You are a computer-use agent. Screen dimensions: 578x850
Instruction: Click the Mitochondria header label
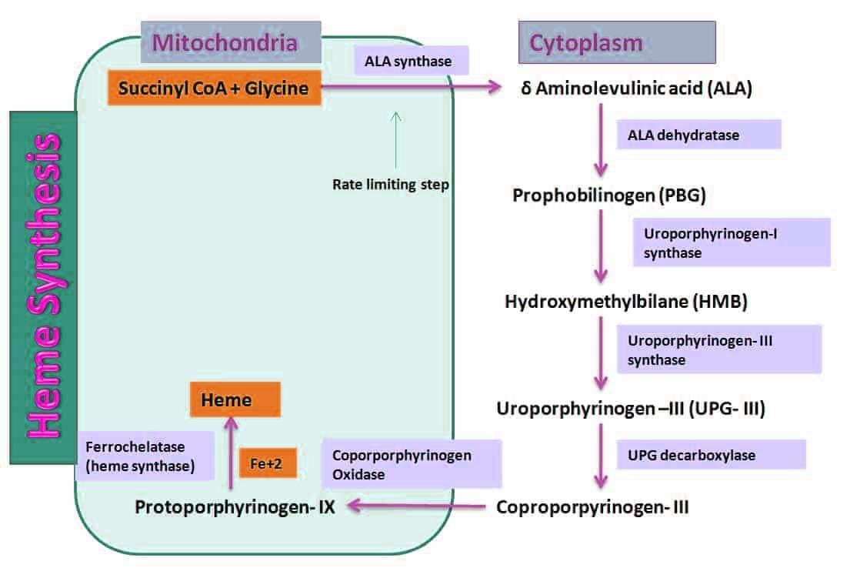pyautogui.click(x=225, y=42)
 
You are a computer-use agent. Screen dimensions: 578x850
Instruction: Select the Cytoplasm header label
pyautogui.click(x=617, y=42)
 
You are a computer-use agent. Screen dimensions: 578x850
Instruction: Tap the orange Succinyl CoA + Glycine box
pyautogui.click(x=215, y=89)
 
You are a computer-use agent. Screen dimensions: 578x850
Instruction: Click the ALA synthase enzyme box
pyautogui.click(x=412, y=61)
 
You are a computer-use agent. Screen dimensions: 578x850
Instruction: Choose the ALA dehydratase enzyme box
pyautogui.click(x=698, y=135)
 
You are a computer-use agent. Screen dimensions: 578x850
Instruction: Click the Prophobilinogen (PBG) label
pyautogui.click(x=609, y=195)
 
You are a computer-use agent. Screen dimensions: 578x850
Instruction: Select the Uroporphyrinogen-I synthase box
pyautogui.click(x=731, y=242)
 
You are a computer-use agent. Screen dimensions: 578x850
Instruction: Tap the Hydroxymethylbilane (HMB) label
pyautogui.click(x=626, y=302)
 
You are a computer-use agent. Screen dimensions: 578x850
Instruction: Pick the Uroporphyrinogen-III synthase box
pyautogui.click(x=718, y=349)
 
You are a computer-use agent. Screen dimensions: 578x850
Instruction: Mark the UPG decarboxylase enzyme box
pyautogui.click(x=711, y=455)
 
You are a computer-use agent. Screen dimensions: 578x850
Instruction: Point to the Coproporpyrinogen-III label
pyautogui.click(x=592, y=507)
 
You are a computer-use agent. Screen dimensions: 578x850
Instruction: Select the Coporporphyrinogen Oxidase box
pyautogui.click(x=412, y=464)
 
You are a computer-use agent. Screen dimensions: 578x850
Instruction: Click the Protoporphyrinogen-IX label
pyautogui.click(x=235, y=507)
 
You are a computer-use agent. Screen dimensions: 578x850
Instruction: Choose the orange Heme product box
pyautogui.click(x=235, y=400)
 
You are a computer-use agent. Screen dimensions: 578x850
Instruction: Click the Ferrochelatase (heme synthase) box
pyautogui.click(x=145, y=456)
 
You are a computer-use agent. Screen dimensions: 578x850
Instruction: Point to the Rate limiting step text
pyautogui.click(x=390, y=185)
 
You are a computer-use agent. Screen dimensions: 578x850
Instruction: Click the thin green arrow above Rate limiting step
pyautogui.click(x=396, y=139)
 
